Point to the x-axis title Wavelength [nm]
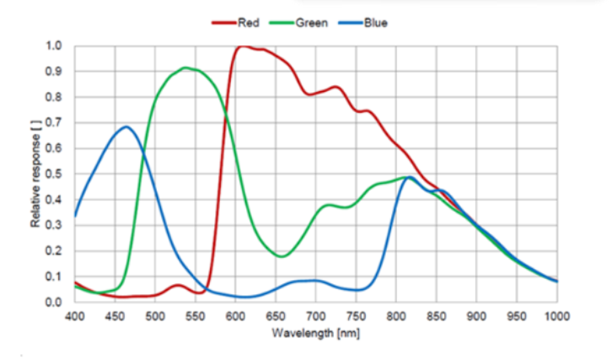[x=315, y=333]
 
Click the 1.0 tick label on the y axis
[x=55, y=46]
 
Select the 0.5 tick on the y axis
[x=55, y=175]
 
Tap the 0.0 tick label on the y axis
[x=55, y=303]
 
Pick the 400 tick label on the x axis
[x=75, y=316]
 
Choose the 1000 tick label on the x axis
[x=556, y=316]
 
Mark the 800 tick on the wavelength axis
[x=396, y=316]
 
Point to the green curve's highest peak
[x=185, y=67]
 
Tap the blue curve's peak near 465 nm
[x=126, y=126]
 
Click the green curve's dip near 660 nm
[x=282, y=256]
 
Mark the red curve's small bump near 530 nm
[x=178, y=286]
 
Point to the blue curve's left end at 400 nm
[x=75, y=216]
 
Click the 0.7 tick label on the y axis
[x=55, y=123]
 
